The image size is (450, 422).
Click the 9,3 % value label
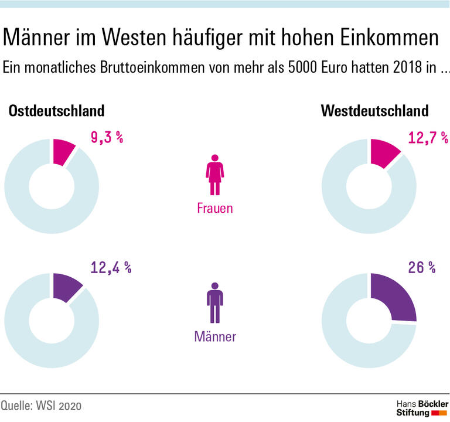click(106, 138)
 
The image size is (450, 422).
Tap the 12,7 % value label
click(428, 138)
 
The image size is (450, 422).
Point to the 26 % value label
click(421, 268)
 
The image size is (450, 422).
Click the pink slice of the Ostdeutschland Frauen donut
click(63, 151)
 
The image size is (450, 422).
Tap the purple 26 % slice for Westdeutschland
click(394, 299)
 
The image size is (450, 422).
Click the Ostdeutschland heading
click(56, 111)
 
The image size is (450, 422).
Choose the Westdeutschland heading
click(375, 111)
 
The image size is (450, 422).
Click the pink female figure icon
click(214, 175)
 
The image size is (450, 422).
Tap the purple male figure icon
click(214, 303)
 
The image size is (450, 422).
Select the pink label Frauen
click(214, 208)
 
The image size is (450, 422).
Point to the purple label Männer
click(214, 336)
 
